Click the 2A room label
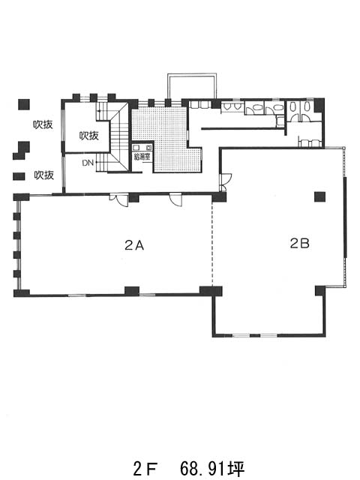tap(134, 245)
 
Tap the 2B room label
tap(300, 243)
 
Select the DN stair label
tap(88, 163)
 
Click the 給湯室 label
tap(142, 157)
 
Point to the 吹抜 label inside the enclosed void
tap(89, 136)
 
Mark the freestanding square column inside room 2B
tap(319, 196)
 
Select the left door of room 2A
tap(120, 199)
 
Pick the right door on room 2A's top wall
tap(176, 199)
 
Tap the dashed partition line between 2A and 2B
tap(212, 244)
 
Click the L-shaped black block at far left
tap(21, 150)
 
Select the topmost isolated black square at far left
tap(24, 105)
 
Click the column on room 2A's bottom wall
tap(132, 291)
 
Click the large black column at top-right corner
tap(319, 105)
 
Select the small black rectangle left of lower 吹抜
tap(19, 176)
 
